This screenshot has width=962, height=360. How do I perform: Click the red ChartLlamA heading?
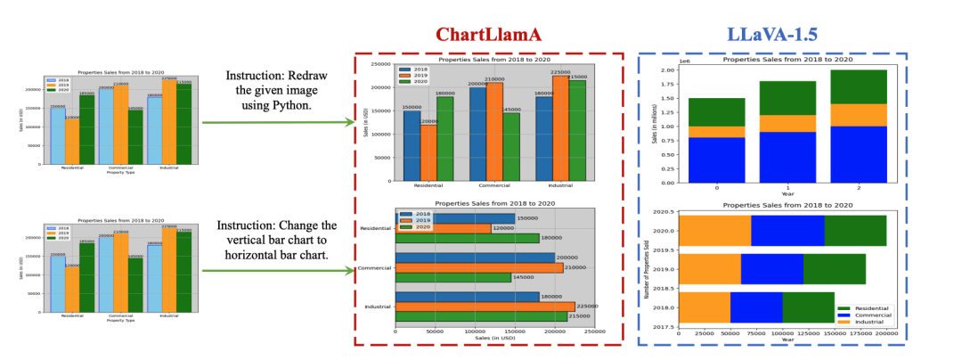488,35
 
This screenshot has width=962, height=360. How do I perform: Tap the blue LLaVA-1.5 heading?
773,35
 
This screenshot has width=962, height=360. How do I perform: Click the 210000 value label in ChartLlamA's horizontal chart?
578,267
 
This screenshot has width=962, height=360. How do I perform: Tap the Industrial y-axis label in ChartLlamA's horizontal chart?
379,307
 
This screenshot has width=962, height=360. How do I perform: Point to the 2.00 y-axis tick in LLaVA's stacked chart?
664,70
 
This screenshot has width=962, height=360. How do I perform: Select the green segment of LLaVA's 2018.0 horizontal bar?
808,306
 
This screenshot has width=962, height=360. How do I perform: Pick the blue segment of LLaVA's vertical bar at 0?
716,160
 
